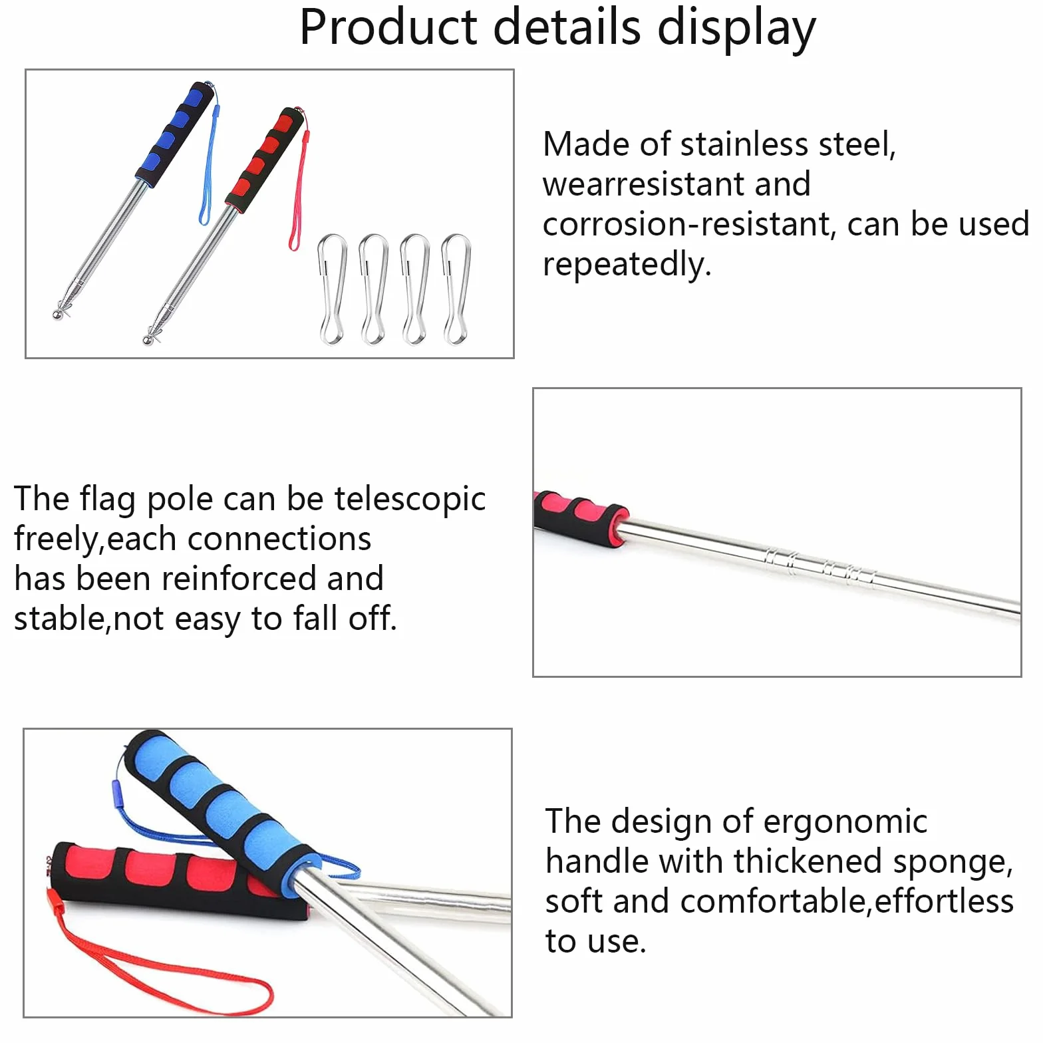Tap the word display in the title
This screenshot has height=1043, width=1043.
pyautogui.click(x=736, y=30)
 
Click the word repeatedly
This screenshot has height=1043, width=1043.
pyautogui.click(x=627, y=265)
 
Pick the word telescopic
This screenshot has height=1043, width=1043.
pyautogui.click(x=410, y=500)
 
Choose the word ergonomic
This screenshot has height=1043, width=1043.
pyautogui.click(x=845, y=822)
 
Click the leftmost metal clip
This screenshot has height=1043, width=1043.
pyautogui.click(x=332, y=289)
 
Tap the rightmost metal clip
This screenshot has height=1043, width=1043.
pyautogui.click(x=456, y=289)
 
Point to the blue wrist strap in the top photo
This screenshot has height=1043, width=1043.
pyautogui.click(x=208, y=160)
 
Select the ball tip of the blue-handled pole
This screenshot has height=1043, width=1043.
pyautogui.click(x=59, y=313)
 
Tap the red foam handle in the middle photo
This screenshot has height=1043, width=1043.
pyautogui.click(x=580, y=518)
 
